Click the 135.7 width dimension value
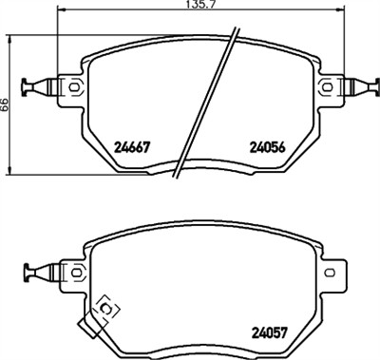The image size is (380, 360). coord(190,7)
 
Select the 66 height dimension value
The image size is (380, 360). coord(5,106)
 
